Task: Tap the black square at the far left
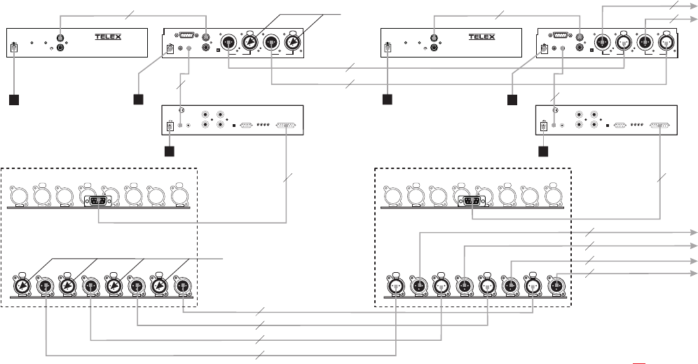[15, 99]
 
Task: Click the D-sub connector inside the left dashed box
[97, 201]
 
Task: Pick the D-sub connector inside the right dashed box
[470, 201]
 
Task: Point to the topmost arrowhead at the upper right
[694, 5]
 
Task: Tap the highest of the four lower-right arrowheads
[694, 231]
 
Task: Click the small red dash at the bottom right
[638, 363]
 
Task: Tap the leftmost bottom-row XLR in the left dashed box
[23, 285]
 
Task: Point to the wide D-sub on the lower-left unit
[286, 126]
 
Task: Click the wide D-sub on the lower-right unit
[659, 126]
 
